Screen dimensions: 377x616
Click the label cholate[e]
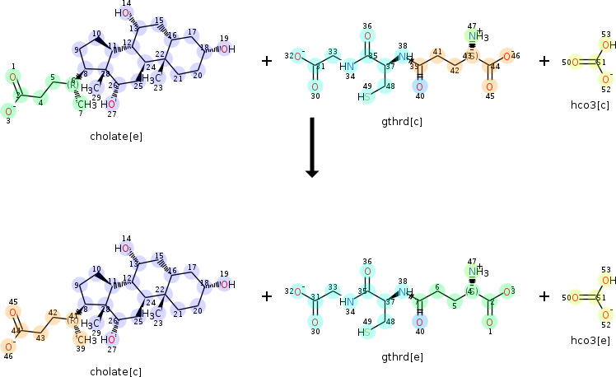point(115,137)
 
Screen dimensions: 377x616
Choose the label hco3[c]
point(590,105)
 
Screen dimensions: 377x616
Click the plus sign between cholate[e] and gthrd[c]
point(266,61)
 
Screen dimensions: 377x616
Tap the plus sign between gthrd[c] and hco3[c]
point(544,61)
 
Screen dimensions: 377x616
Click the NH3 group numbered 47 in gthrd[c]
point(477,37)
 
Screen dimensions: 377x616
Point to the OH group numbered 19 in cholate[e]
point(227,49)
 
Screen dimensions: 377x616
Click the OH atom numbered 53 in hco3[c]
point(608,45)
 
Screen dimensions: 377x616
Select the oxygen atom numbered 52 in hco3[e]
point(607,314)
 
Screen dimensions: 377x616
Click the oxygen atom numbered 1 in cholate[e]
point(12,77)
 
